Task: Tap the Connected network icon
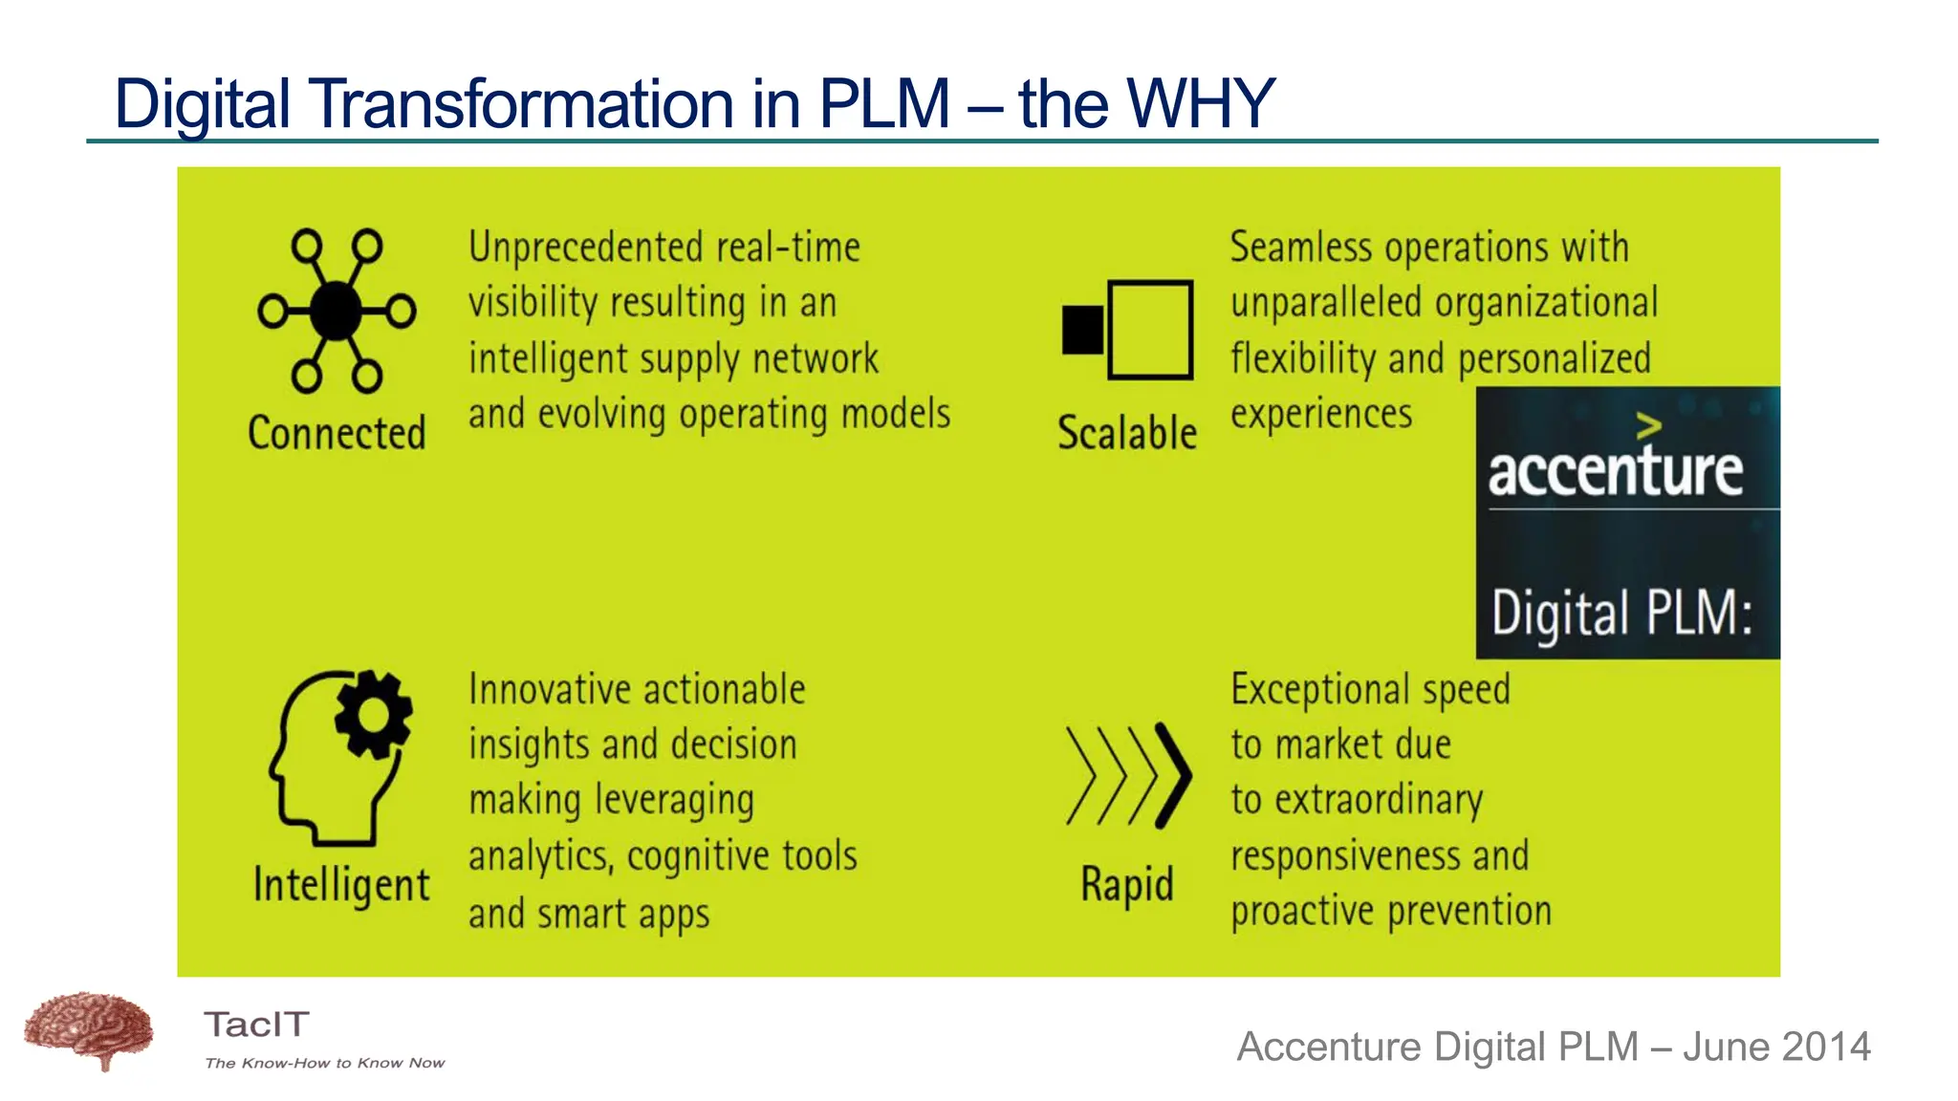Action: [x=337, y=311]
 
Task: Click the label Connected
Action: [x=337, y=433]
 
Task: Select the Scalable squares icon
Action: [x=1128, y=330]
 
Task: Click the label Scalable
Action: [x=1127, y=433]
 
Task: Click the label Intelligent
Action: [x=341, y=885]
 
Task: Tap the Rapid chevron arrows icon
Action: [x=1128, y=775]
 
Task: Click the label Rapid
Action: [x=1127, y=884]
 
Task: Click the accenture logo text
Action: [x=1615, y=470]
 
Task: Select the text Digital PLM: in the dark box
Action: [x=1622, y=613]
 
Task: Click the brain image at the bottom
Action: [x=88, y=1030]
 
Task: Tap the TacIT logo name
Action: [x=256, y=1025]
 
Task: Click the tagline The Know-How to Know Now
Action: [x=325, y=1063]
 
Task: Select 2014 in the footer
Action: [x=1824, y=1047]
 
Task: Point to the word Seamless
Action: [x=1300, y=248]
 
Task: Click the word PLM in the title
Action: [x=883, y=103]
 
